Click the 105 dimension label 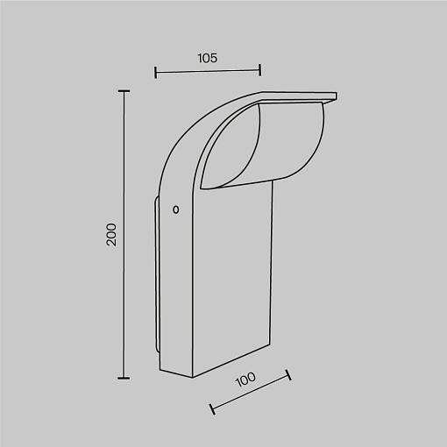208,58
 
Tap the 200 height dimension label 111,234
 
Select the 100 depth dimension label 245,379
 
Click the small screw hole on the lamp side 176,209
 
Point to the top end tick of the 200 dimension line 124,91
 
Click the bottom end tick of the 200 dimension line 124,378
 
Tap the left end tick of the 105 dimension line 155,72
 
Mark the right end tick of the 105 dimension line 260,70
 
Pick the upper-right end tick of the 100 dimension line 288,375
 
